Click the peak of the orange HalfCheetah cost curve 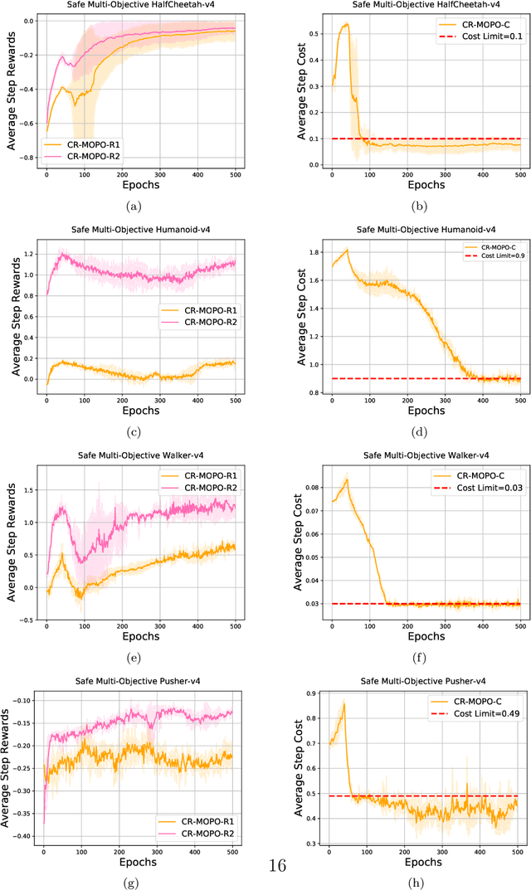coord(346,24)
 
